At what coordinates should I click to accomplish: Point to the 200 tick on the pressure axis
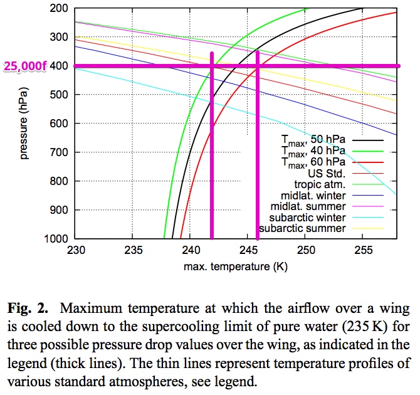coord(60,8)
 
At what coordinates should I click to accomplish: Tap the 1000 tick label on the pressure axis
coord(57,239)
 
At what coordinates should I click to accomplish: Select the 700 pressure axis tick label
coord(60,152)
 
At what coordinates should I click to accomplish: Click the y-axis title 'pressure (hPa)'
coord(24,123)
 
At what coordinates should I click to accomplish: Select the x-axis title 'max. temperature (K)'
coord(236,267)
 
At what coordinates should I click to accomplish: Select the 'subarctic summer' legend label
coord(303,229)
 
